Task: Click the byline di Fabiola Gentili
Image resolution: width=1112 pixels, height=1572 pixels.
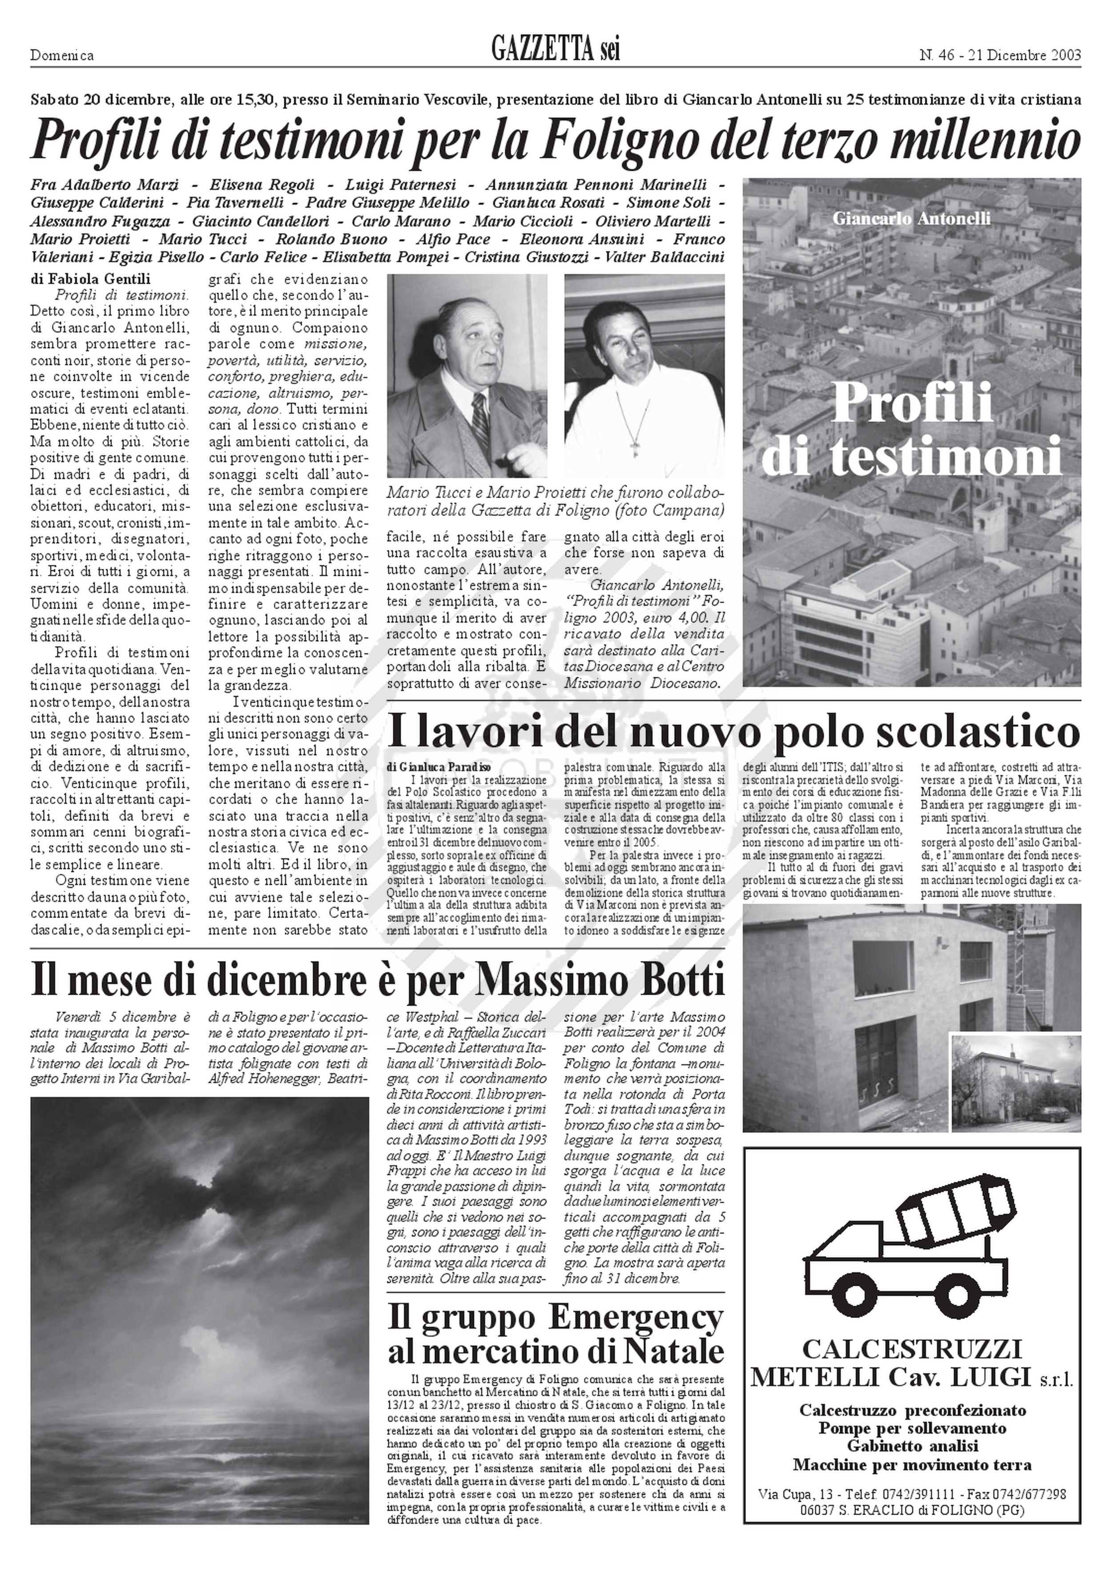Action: click(90, 279)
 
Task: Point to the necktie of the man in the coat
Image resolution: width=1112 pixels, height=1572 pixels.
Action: click(481, 425)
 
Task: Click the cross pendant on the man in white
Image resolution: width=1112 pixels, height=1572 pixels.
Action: click(636, 448)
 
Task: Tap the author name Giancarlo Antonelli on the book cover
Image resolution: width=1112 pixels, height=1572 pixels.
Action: click(911, 219)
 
